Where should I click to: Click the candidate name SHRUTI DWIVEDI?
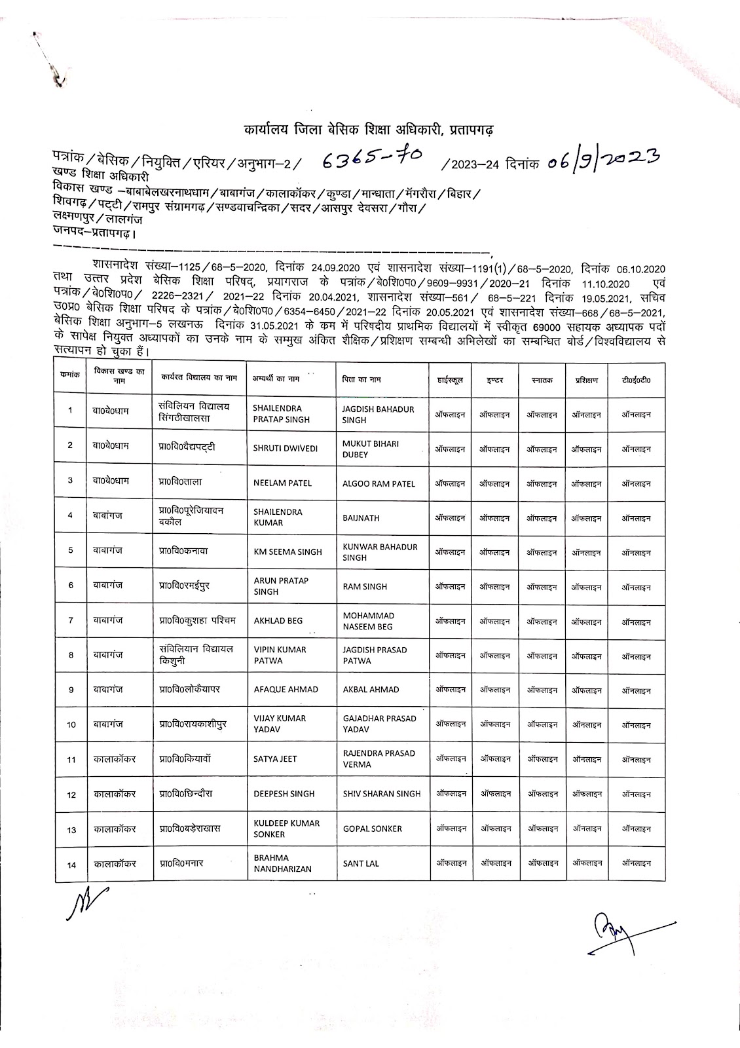pos(285,449)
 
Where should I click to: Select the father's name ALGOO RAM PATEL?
pos(379,484)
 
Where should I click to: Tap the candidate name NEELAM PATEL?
pos(282,483)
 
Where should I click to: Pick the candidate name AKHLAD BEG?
pos(278,621)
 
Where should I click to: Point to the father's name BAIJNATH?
pos(361,517)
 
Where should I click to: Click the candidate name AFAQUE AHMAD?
pos(286,689)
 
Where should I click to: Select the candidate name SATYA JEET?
pos(275,758)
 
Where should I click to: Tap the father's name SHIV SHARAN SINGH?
pos(381,794)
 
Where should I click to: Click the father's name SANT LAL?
pos(361,864)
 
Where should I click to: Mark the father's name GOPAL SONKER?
pos(372,829)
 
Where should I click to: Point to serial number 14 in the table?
pos(71,865)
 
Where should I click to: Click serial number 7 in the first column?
pos(71,620)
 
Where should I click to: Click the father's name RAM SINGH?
pos(365,587)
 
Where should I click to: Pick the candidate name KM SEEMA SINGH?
pos(287,552)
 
